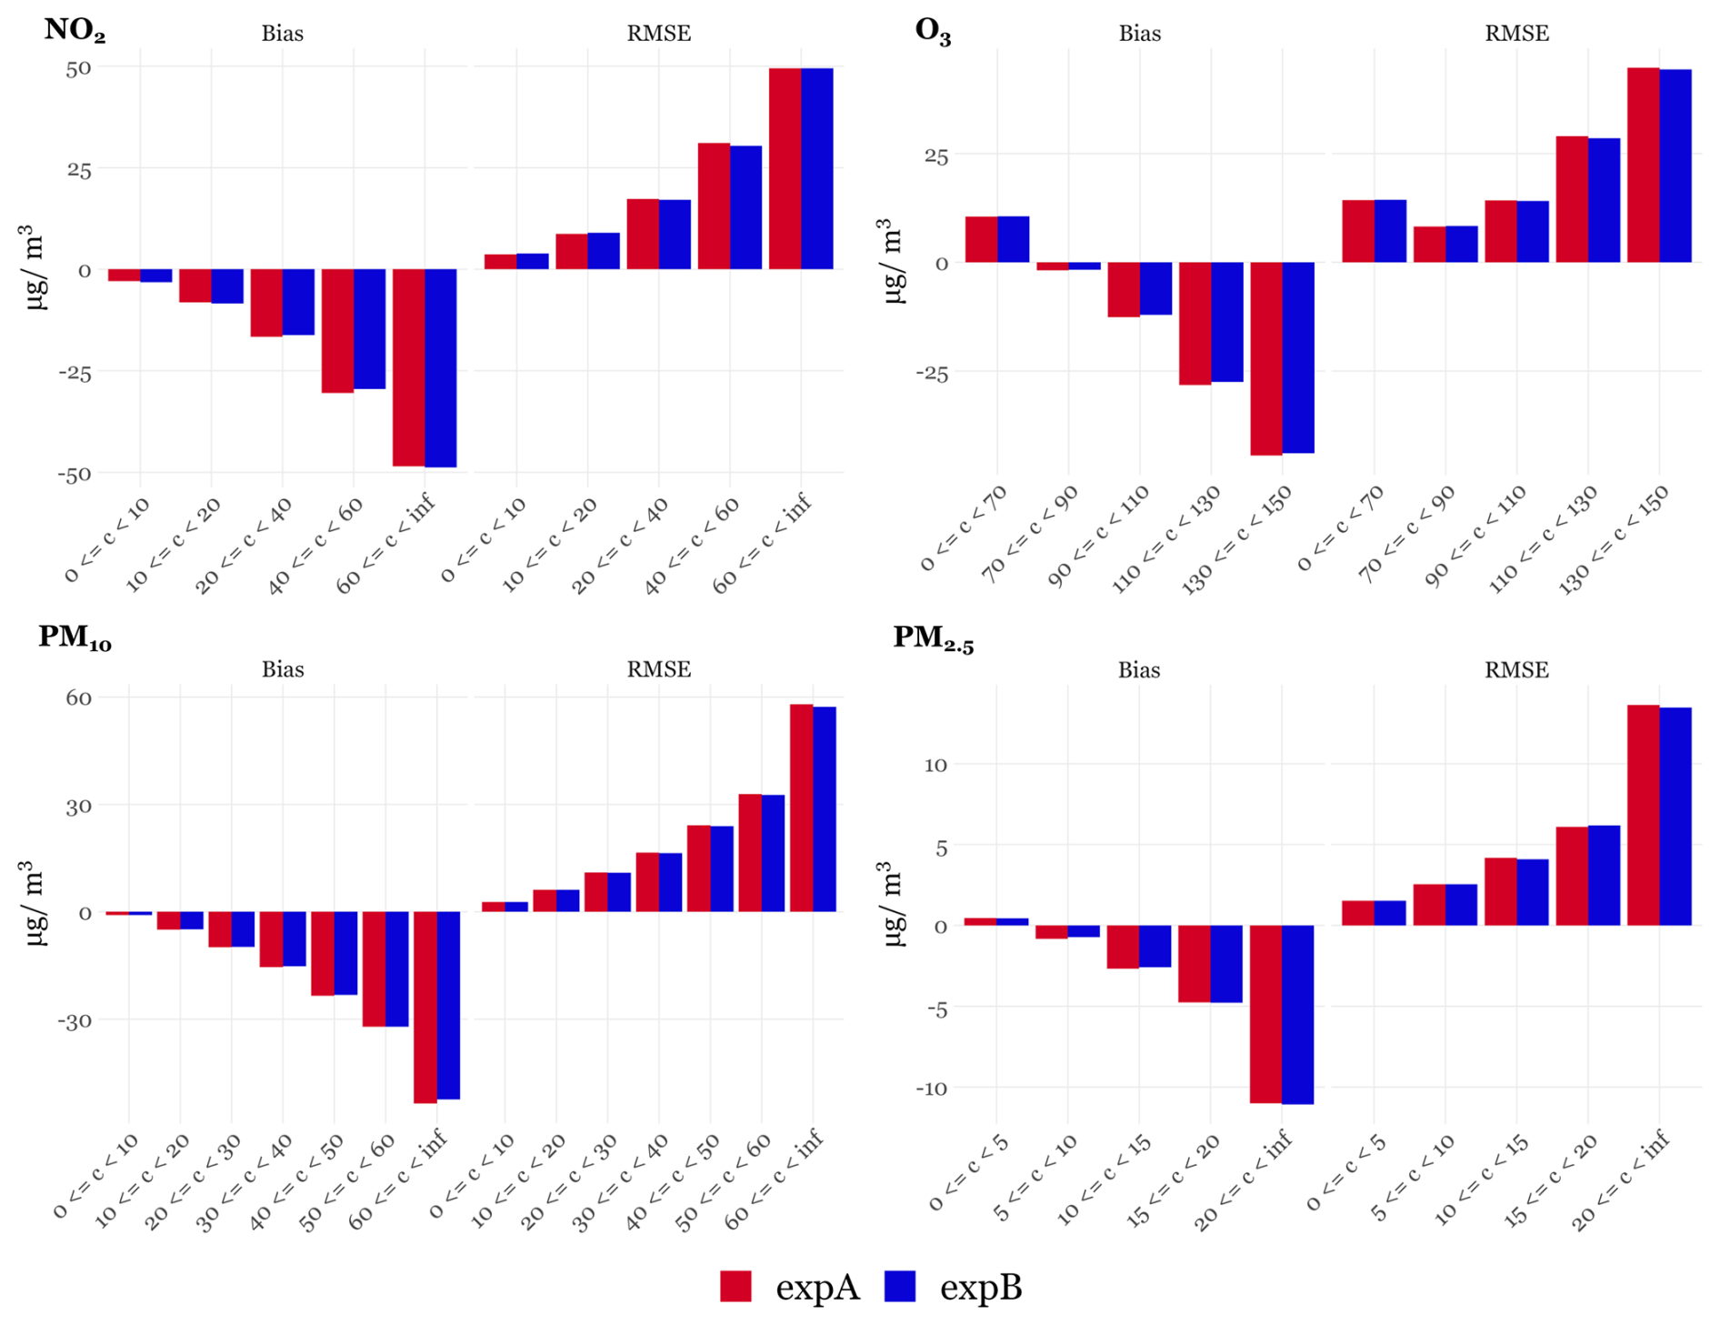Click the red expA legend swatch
click(x=735, y=1286)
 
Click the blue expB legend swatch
click(x=899, y=1286)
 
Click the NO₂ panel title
click(x=75, y=31)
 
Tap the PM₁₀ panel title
click(x=75, y=637)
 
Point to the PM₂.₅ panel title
click(x=933, y=638)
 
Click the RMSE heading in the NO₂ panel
click(x=658, y=34)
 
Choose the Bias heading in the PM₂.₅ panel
click(x=1139, y=670)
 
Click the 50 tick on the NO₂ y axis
click(x=78, y=68)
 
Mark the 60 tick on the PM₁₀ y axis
click(x=78, y=698)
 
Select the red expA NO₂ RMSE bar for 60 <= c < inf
click(x=785, y=168)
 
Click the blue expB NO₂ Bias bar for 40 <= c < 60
click(x=369, y=328)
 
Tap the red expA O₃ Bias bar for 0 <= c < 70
click(x=981, y=239)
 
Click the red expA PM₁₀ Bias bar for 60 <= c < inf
click(x=425, y=1007)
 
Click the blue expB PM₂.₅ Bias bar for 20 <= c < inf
click(x=1297, y=1014)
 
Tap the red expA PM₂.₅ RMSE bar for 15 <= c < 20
click(x=1572, y=876)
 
